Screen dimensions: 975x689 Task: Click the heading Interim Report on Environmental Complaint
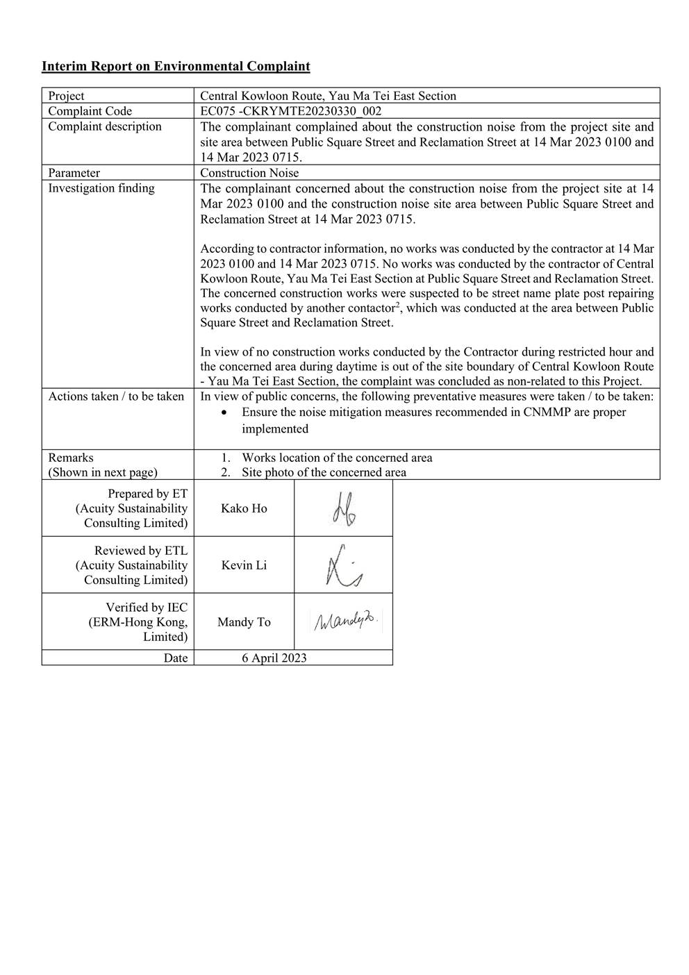click(176, 67)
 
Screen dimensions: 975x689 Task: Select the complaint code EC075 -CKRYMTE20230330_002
click(291, 111)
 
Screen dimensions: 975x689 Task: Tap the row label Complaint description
click(105, 126)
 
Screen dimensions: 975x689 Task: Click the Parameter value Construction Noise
click(249, 173)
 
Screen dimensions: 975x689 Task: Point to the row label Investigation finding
click(101, 188)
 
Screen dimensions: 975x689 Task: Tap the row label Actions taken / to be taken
click(116, 397)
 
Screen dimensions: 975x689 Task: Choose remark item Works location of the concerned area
click(337, 458)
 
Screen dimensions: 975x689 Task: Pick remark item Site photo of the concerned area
click(324, 472)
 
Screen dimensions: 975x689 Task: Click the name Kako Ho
click(244, 508)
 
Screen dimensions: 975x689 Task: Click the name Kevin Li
click(244, 565)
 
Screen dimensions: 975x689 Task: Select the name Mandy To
click(244, 622)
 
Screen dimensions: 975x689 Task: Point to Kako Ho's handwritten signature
click(342, 509)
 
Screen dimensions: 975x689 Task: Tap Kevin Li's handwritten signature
click(343, 566)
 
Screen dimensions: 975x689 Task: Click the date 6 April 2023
click(274, 658)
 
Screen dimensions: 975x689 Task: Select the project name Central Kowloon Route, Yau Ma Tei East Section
click(329, 97)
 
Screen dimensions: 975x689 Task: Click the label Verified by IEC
click(147, 608)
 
